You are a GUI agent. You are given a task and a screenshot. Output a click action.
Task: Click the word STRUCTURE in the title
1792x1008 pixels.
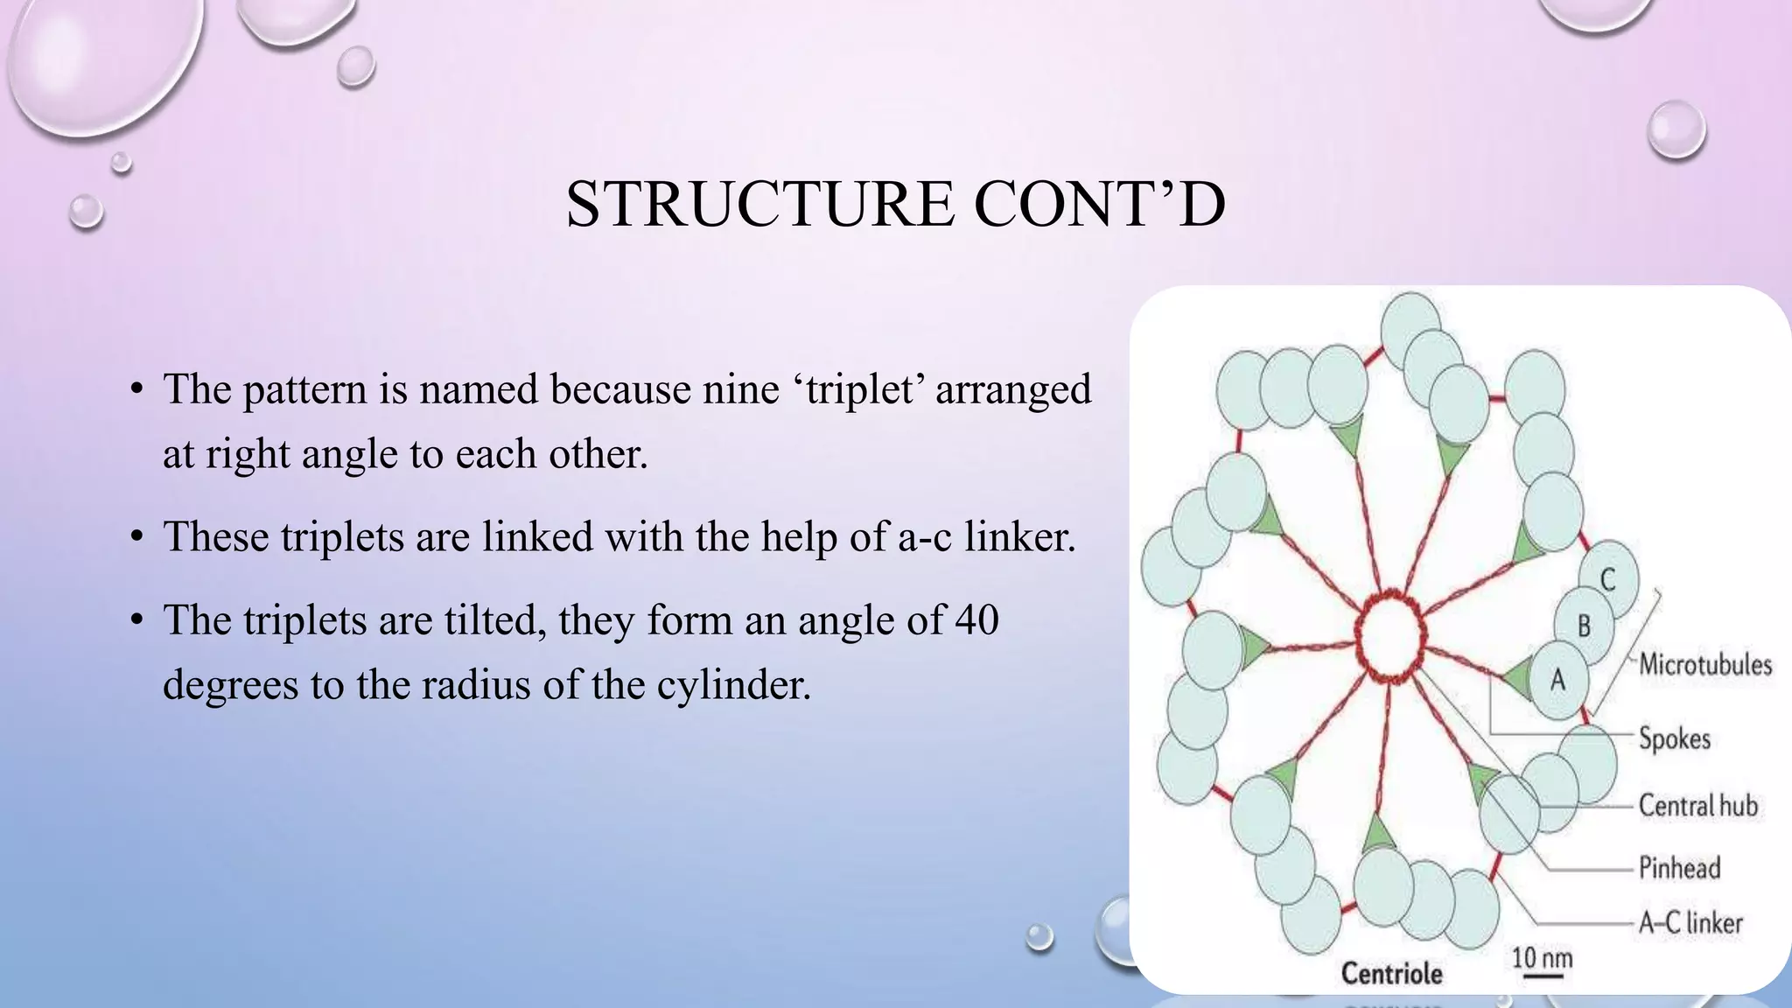click(759, 204)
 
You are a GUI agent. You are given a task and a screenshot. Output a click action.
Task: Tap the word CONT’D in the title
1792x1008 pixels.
click(1099, 204)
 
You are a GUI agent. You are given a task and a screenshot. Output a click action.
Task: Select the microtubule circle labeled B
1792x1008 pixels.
click(1584, 626)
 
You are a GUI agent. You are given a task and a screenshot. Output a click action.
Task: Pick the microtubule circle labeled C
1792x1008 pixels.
click(1608, 579)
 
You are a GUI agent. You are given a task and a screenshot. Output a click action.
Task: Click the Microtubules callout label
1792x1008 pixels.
click(1704, 664)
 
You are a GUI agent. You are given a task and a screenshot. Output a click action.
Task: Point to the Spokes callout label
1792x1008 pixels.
click(1674, 738)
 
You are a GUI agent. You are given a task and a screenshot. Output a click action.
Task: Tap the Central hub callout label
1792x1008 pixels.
click(1697, 805)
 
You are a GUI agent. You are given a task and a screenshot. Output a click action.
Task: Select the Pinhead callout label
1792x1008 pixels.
click(1679, 868)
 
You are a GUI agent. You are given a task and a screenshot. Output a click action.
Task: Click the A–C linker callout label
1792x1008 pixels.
click(1690, 923)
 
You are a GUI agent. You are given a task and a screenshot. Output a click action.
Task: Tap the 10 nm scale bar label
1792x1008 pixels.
click(1542, 958)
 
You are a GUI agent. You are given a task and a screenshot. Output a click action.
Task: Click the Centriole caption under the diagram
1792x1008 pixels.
click(1391, 973)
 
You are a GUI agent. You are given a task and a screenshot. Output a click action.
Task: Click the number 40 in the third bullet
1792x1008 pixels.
click(976, 619)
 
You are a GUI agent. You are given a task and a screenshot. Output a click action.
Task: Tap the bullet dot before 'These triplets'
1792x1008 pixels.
click(136, 537)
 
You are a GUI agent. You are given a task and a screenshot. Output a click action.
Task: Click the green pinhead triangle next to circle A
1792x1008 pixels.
click(1516, 676)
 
